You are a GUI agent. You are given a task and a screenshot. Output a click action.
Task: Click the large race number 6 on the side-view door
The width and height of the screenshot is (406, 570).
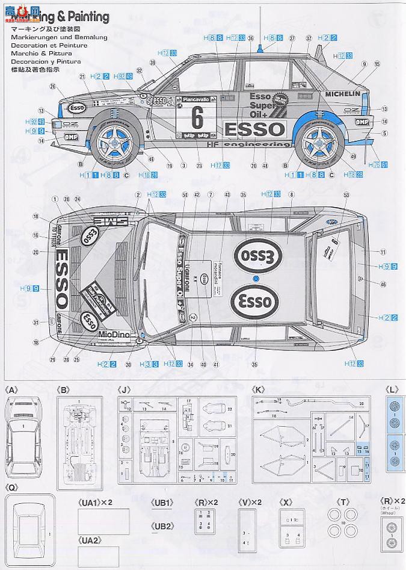(x=197, y=115)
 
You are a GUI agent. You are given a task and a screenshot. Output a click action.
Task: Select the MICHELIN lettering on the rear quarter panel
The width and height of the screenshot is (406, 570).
(x=342, y=94)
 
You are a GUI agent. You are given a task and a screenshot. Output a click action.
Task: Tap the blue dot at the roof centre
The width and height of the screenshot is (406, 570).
(x=256, y=279)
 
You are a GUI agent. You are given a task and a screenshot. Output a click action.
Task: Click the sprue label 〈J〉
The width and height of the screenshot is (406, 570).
(x=125, y=390)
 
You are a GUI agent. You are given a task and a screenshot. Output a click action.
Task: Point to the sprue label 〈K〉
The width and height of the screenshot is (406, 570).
(x=259, y=390)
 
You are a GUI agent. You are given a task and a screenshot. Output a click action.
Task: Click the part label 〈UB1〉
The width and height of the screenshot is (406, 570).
(x=163, y=502)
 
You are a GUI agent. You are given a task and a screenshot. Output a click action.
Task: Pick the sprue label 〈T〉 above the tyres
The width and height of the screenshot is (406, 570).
(x=343, y=502)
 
